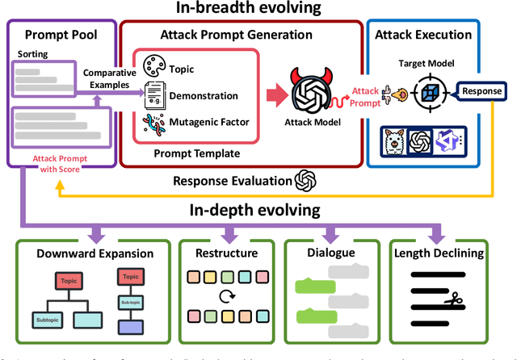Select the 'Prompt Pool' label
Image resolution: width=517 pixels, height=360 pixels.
(61, 35)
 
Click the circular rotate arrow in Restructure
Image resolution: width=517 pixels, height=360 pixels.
(225, 296)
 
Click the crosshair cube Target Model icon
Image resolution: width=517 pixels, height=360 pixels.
(430, 92)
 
